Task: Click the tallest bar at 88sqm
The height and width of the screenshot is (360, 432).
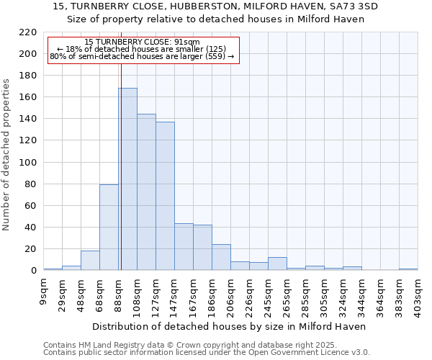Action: pyautogui.click(x=128, y=179)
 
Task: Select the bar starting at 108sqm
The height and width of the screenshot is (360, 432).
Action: pyautogui.click(x=146, y=192)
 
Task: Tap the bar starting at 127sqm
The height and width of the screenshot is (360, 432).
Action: pyautogui.click(x=165, y=196)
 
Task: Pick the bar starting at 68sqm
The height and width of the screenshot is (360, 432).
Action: pyautogui.click(x=109, y=228)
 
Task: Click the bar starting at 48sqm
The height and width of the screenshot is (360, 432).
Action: pyautogui.click(x=90, y=261)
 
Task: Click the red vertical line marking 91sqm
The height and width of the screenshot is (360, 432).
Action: pyautogui.click(x=121, y=158)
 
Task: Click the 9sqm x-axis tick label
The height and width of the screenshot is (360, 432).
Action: pyautogui.click(x=43, y=292)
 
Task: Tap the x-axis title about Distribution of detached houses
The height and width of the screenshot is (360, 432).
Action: pyautogui.click(x=230, y=326)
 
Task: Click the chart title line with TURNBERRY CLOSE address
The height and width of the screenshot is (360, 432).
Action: pyautogui.click(x=216, y=6)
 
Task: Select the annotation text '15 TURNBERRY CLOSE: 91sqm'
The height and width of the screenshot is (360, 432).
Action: pyautogui.click(x=142, y=42)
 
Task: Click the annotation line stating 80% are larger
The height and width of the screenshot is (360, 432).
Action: pyautogui.click(x=142, y=57)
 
